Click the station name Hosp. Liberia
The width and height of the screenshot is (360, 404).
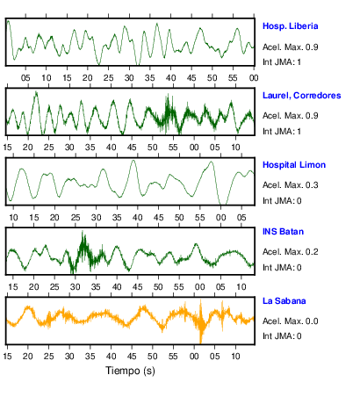[290, 26]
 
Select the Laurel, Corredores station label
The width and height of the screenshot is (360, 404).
[301, 96]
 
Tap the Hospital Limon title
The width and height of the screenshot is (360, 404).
[294, 165]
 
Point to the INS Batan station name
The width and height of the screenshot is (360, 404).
[283, 232]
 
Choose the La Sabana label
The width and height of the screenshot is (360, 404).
[284, 301]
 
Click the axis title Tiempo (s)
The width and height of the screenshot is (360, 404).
[130, 371]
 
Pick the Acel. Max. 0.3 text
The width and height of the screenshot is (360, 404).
[290, 185]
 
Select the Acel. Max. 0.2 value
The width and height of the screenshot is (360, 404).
[290, 252]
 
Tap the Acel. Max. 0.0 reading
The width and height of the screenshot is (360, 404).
[290, 321]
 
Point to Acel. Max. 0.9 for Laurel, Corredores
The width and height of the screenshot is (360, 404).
[290, 116]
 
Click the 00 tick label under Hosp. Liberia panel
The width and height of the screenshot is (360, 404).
[254, 78]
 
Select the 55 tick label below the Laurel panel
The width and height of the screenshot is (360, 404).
[173, 148]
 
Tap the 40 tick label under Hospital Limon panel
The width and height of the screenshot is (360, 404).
[137, 218]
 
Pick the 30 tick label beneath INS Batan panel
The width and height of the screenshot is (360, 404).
[76, 287]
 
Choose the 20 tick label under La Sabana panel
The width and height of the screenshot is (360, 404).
[28, 357]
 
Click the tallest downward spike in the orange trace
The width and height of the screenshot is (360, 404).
[201, 342]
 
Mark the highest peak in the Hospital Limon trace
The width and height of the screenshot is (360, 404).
[133, 161]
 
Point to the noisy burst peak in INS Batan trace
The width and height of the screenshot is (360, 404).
[83, 232]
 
